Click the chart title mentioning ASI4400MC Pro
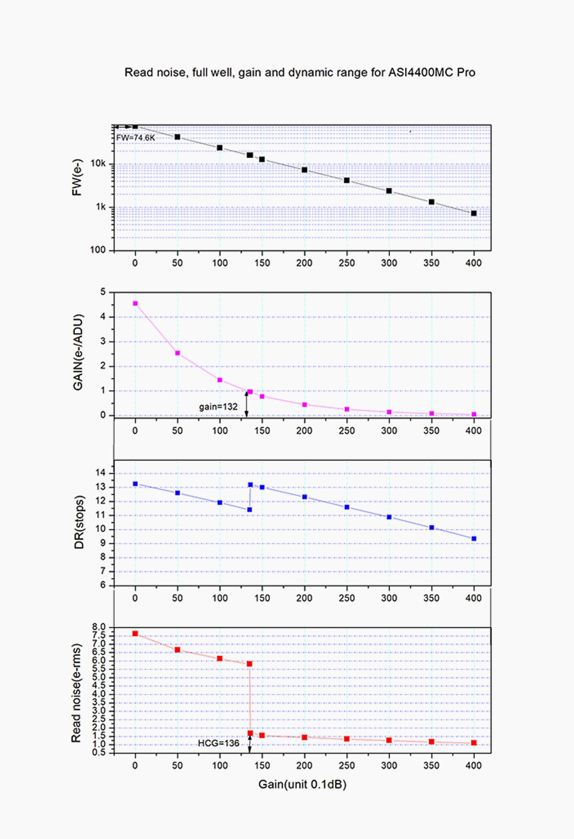tap(300, 73)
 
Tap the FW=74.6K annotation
tap(136, 138)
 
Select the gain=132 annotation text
tap(218, 407)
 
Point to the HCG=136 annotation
tap(219, 743)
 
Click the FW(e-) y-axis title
tap(77, 177)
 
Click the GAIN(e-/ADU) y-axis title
tap(78, 352)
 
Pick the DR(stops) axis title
tap(79, 522)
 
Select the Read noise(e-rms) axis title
tap(76, 693)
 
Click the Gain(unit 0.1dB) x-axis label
tap(302, 784)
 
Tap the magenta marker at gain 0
tap(135, 303)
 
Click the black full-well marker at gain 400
tap(474, 213)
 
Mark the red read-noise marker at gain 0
tap(135, 634)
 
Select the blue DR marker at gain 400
tap(474, 539)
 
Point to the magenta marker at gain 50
tap(177, 353)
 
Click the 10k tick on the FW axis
tap(98, 164)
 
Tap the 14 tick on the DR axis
tap(100, 473)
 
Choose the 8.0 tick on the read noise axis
tap(99, 627)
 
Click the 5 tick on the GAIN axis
tap(103, 292)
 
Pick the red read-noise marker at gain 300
tap(389, 740)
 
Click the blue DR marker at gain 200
tap(305, 497)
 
